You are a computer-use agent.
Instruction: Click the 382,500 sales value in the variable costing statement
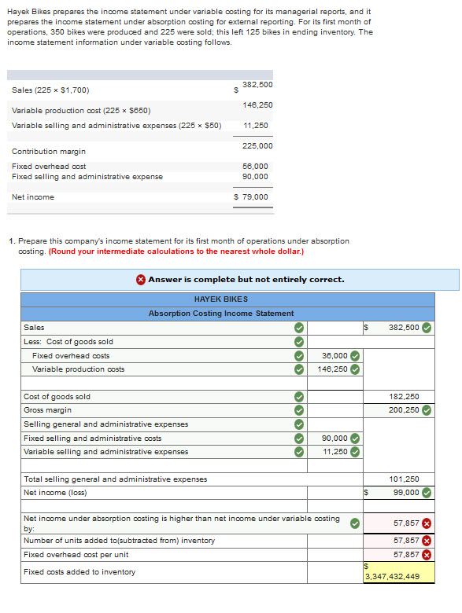pyautogui.click(x=257, y=84)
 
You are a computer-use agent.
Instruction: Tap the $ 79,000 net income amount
pyautogui.click(x=252, y=196)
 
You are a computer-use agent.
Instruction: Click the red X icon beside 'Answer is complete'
pyautogui.click(x=140, y=279)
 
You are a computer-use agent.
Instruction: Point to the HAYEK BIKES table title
pyautogui.click(x=220, y=299)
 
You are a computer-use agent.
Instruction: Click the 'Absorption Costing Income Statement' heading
pyautogui.click(x=221, y=313)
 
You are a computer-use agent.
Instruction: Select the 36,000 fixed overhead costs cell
pyautogui.click(x=335, y=355)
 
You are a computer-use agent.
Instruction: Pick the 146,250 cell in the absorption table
pyautogui.click(x=333, y=369)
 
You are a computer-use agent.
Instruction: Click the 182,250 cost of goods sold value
pyautogui.click(x=405, y=396)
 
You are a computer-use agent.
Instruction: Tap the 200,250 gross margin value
pyautogui.click(x=405, y=409)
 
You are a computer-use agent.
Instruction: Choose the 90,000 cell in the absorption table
pyautogui.click(x=335, y=438)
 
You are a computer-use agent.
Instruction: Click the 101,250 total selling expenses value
pyautogui.click(x=405, y=479)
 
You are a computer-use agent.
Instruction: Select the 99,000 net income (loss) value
pyautogui.click(x=406, y=493)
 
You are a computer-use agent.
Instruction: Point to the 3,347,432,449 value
pyautogui.click(x=392, y=576)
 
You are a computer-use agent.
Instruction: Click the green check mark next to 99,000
pyautogui.click(x=427, y=493)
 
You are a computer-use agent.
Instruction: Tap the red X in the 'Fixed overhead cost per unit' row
pyautogui.click(x=427, y=554)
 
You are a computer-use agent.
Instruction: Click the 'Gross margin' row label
pyautogui.click(x=47, y=409)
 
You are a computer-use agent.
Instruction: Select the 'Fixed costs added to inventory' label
pyautogui.click(x=79, y=571)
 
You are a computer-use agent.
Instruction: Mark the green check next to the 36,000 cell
pyautogui.click(x=355, y=355)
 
